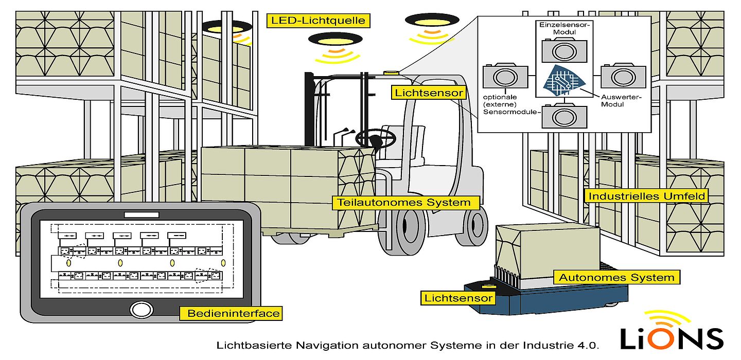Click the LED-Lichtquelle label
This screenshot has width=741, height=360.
pos(319,21)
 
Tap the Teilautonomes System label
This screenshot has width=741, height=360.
pos(404,203)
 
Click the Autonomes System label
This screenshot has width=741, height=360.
pos(616,278)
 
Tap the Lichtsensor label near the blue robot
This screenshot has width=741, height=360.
pos(458,298)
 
